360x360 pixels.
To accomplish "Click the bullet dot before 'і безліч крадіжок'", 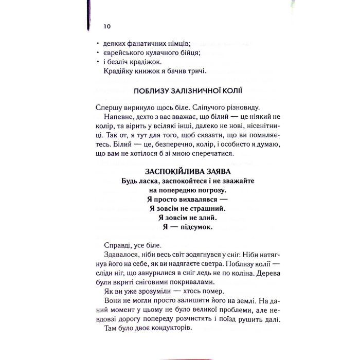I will coord(98,62).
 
